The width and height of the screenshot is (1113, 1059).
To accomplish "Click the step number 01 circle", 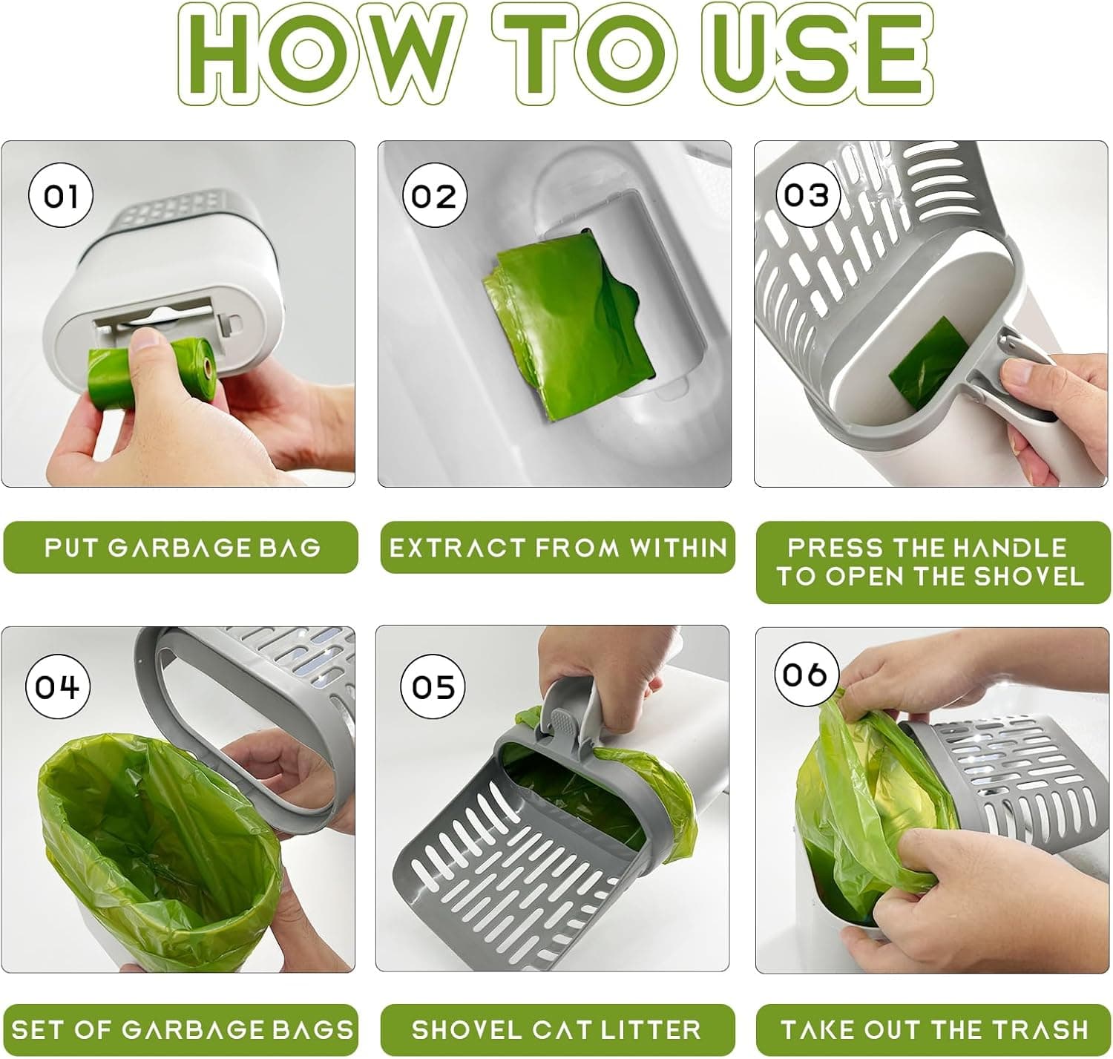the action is tap(61, 195).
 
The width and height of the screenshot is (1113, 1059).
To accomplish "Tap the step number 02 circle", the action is tap(434, 195).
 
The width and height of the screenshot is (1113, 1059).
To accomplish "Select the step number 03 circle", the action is tap(807, 195).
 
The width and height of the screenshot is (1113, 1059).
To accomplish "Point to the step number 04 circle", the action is tap(58, 686).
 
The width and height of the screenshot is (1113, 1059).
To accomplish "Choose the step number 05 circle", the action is tap(433, 686).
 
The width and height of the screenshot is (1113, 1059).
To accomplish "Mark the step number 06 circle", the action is tap(806, 674).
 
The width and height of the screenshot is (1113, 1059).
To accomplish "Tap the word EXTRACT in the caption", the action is tap(457, 548).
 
